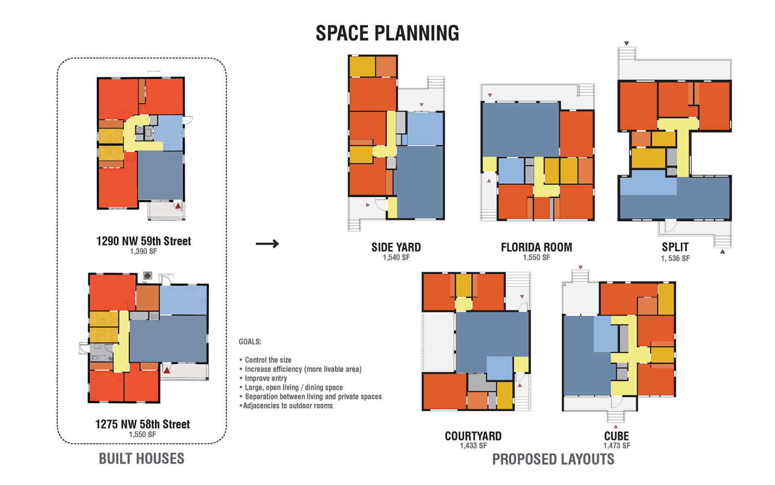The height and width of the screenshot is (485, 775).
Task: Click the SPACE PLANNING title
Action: pyautogui.click(x=387, y=33)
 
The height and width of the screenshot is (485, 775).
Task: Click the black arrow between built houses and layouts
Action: pyautogui.click(x=267, y=244)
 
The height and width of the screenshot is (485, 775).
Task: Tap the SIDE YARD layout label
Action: pyautogui.click(x=396, y=247)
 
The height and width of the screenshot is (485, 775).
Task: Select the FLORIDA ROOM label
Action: pyautogui.click(x=536, y=247)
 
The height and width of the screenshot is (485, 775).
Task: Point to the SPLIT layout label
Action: pyautogui.click(x=675, y=247)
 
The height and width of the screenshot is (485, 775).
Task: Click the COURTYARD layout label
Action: pyautogui.click(x=473, y=436)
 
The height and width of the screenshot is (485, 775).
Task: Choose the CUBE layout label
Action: pyautogui.click(x=616, y=436)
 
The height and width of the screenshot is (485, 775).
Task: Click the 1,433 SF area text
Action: pyautogui.click(x=473, y=446)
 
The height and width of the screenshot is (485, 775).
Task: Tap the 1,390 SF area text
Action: pyautogui.click(x=143, y=251)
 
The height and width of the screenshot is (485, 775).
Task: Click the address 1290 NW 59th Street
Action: pyautogui.click(x=143, y=241)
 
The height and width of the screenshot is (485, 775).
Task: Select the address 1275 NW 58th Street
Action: pyautogui.click(x=142, y=424)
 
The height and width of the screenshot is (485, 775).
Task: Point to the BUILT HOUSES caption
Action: pyautogui.click(x=142, y=459)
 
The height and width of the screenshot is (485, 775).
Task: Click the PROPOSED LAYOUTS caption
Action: pyautogui.click(x=553, y=460)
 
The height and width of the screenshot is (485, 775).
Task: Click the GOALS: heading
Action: pyautogui.click(x=250, y=342)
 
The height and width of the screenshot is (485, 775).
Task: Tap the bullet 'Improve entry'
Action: pyautogui.click(x=263, y=378)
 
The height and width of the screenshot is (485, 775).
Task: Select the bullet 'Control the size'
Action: pyautogui.click(x=265, y=360)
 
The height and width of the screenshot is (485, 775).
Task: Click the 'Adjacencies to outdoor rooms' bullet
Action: pyautogui.click(x=286, y=406)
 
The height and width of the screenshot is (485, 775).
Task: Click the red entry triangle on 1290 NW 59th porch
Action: pyautogui.click(x=178, y=206)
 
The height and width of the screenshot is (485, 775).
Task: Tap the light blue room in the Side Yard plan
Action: pyautogui.click(x=425, y=129)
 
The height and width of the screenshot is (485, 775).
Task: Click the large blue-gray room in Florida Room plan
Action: pyautogui.click(x=521, y=130)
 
